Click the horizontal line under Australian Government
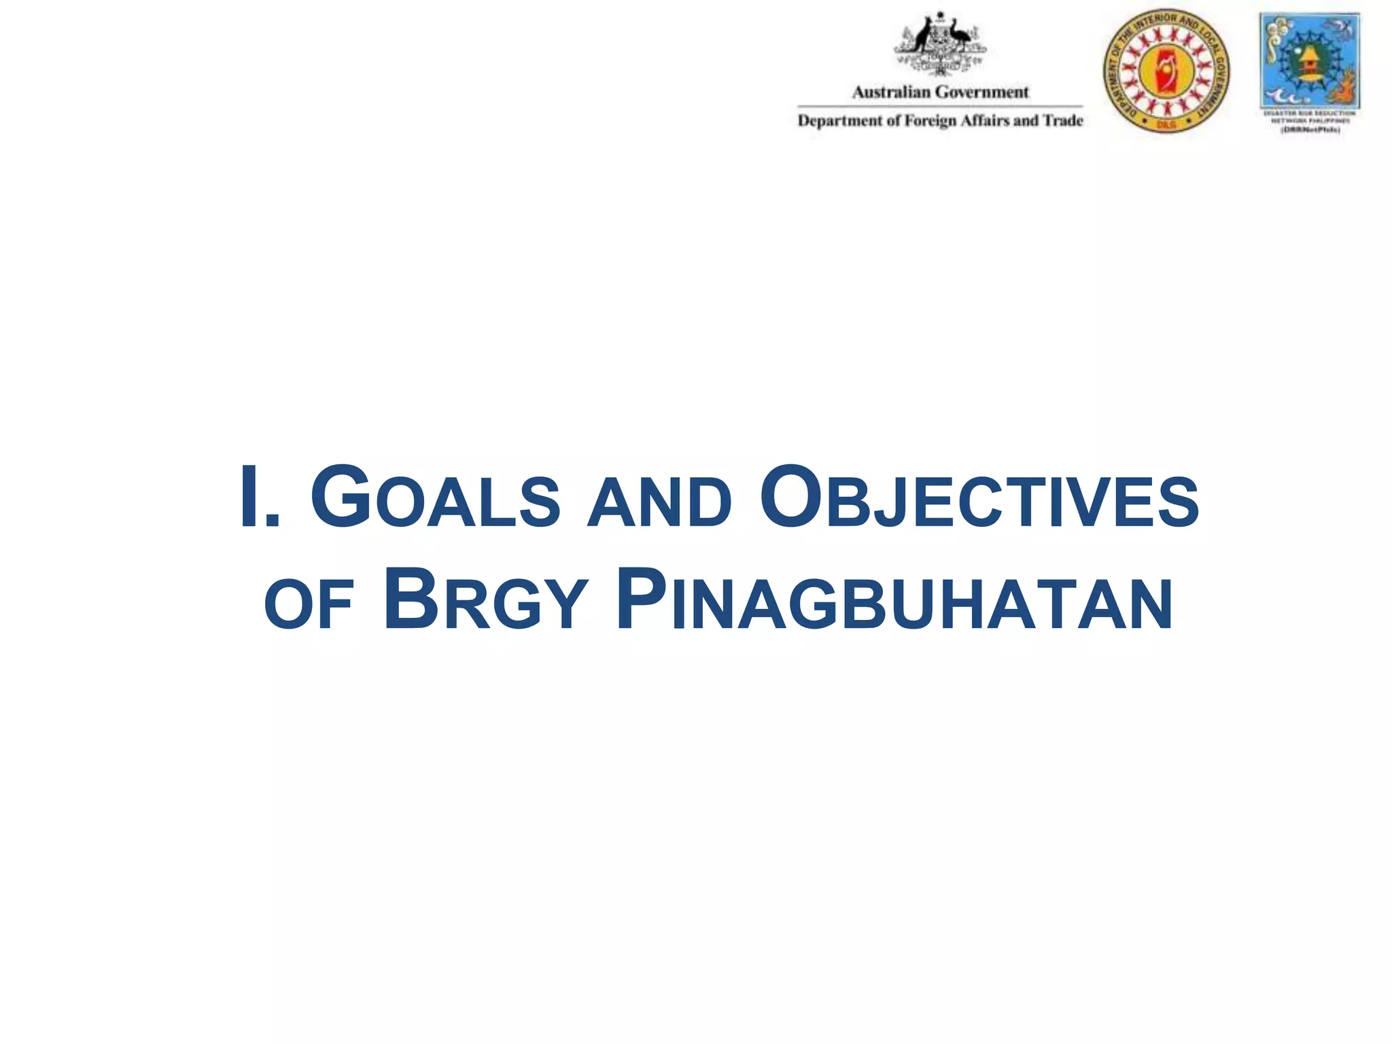[940, 106]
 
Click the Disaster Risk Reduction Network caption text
[1309, 116]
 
